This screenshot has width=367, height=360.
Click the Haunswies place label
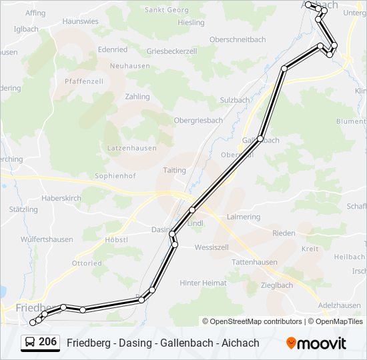pyautogui.click(x=80, y=21)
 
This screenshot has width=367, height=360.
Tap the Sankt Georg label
pyautogui.click(x=167, y=10)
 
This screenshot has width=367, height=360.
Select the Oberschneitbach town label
pyautogui.click(x=238, y=40)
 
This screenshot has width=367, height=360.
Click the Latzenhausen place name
pyautogui.click(x=131, y=147)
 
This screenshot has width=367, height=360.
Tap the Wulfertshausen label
pyautogui.click(x=47, y=239)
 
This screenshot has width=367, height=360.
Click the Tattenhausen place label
pyautogui.click(x=254, y=262)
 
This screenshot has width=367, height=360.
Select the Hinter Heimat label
pyautogui.click(x=203, y=283)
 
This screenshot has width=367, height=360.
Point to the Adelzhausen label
pyautogui.click(x=340, y=305)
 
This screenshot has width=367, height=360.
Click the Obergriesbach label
pyautogui.click(x=198, y=120)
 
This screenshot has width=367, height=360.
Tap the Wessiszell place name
pyautogui.click(x=212, y=247)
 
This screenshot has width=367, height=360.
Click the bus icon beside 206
pyautogui.click(x=30, y=343)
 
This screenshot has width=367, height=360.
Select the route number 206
pyautogui.click(x=47, y=342)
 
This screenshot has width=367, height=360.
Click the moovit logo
pyautogui.click(x=316, y=343)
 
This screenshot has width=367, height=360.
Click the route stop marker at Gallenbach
pyautogui.click(x=260, y=139)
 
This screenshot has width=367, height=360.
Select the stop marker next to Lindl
pyautogui.click(x=192, y=210)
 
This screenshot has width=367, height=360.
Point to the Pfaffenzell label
pyautogui.click(x=84, y=81)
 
